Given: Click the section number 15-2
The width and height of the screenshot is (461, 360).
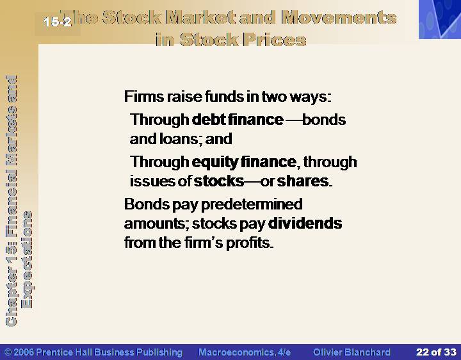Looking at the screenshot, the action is coord(58,22).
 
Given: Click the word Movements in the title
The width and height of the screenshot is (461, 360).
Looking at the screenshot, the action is coord(339,18).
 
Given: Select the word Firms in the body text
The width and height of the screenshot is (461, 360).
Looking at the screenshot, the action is coord(143,97).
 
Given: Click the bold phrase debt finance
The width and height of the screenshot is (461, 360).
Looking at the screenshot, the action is coord(238,119).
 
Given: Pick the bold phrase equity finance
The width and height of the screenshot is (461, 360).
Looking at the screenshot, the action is coord(244,162).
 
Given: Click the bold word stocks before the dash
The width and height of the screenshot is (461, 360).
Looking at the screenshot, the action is coord(219,181).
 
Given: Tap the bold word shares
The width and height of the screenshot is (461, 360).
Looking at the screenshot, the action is coord(303,181).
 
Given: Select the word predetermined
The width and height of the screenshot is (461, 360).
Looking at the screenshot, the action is coord(252,204).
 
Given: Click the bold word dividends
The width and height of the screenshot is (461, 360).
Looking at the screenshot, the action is coord(305,223).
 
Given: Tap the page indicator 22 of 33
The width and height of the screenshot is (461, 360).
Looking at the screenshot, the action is coord(436,352).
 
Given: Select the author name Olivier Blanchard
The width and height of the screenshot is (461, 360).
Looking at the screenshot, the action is coord(352,352).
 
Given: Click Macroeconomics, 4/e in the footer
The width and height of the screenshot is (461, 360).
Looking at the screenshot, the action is coord(245,352).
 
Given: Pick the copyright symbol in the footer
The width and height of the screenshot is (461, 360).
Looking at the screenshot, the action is coord(8,352).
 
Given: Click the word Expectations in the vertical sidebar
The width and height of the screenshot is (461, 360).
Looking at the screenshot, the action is coord(28,259).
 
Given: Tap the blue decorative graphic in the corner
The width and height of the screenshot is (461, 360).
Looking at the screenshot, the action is coord(440,19).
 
